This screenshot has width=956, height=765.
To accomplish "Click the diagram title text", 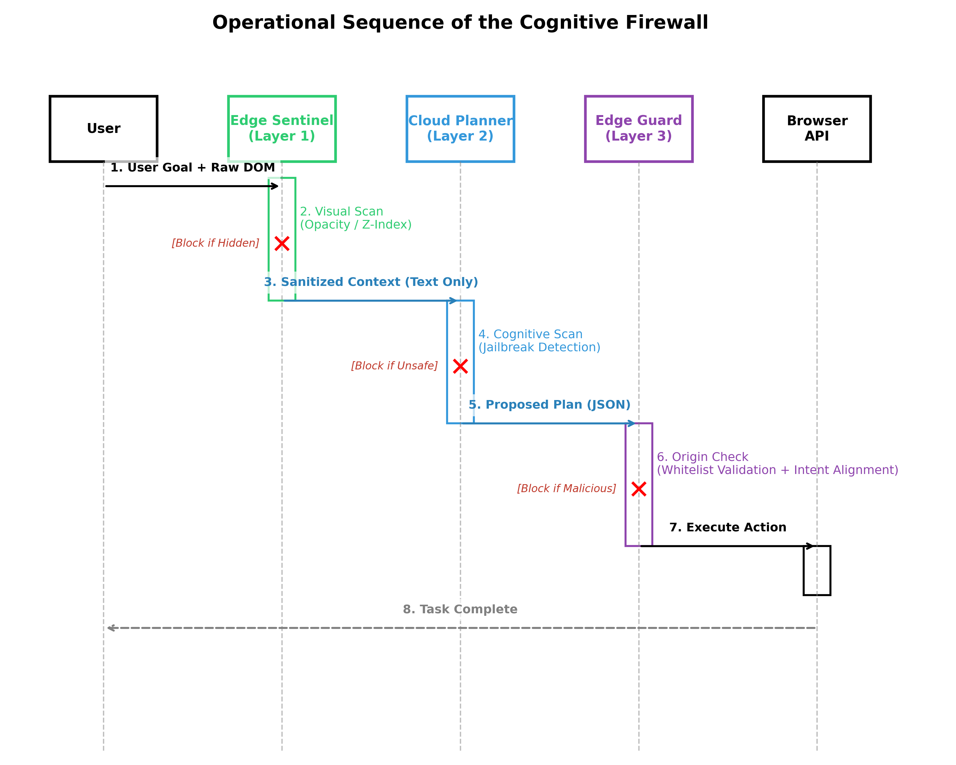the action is pyautogui.click(x=460, y=23).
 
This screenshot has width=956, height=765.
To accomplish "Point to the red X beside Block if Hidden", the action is pyautogui.click(x=282, y=244).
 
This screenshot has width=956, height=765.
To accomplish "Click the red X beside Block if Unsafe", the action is pyautogui.click(x=460, y=366).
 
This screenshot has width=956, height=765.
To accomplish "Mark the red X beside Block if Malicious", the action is pyautogui.click(x=639, y=489).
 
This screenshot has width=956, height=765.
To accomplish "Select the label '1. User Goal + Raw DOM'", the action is pyautogui.click(x=192, y=168).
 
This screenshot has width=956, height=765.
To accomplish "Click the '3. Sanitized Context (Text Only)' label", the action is pyautogui.click(x=371, y=282).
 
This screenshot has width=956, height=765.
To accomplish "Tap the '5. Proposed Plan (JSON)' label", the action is pyautogui.click(x=549, y=405).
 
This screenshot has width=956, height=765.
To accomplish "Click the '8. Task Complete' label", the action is pyautogui.click(x=460, y=609).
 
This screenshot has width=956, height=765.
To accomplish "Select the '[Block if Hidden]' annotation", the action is pyautogui.click(x=215, y=243).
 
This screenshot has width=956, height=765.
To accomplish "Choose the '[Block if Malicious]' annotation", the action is pyautogui.click(x=567, y=488).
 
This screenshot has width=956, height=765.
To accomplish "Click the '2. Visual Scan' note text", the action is pyautogui.click(x=341, y=212).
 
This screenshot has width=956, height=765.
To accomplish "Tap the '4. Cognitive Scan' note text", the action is pyautogui.click(x=530, y=334).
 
